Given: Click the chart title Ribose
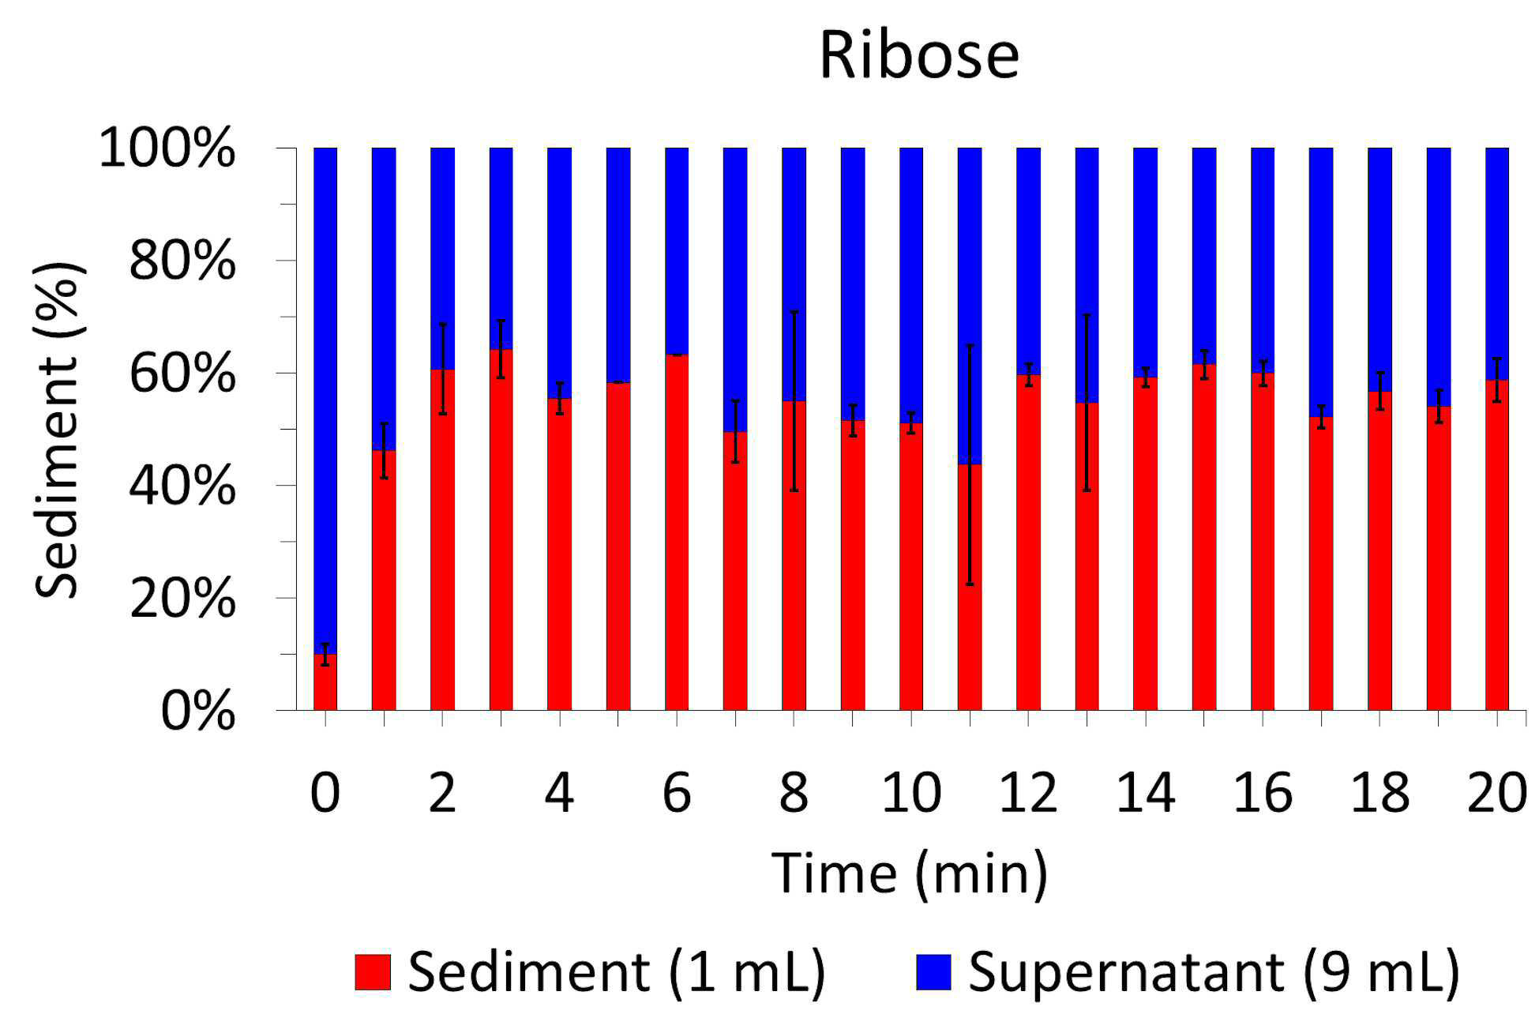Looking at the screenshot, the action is tap(919, 55).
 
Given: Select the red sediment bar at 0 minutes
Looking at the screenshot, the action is tap(325, 682).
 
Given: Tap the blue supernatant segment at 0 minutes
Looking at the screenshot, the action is tap(325, 400).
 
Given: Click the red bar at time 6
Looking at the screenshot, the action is tap(677, 532).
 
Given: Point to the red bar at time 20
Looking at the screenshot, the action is tap(1497, 545).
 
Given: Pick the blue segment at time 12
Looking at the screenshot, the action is tap(1028, 261).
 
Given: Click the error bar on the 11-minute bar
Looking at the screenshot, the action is tap(970, 464).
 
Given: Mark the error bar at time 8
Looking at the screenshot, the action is tap(794, 400).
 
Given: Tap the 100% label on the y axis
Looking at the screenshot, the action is tap(167, 148).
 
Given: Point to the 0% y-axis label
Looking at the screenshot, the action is tap(197, 711).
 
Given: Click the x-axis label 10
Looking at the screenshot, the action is tap(911, 793).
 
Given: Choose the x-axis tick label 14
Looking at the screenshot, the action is tap(1145, 793).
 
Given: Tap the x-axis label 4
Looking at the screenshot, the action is tap(559, 793).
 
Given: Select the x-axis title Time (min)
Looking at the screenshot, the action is tap(910, 874).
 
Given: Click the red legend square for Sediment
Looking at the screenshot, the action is tap(373, 972).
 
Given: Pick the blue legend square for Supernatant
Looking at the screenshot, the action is tap(934, 972).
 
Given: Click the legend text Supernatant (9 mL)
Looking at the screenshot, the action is tap(1214, 972).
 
